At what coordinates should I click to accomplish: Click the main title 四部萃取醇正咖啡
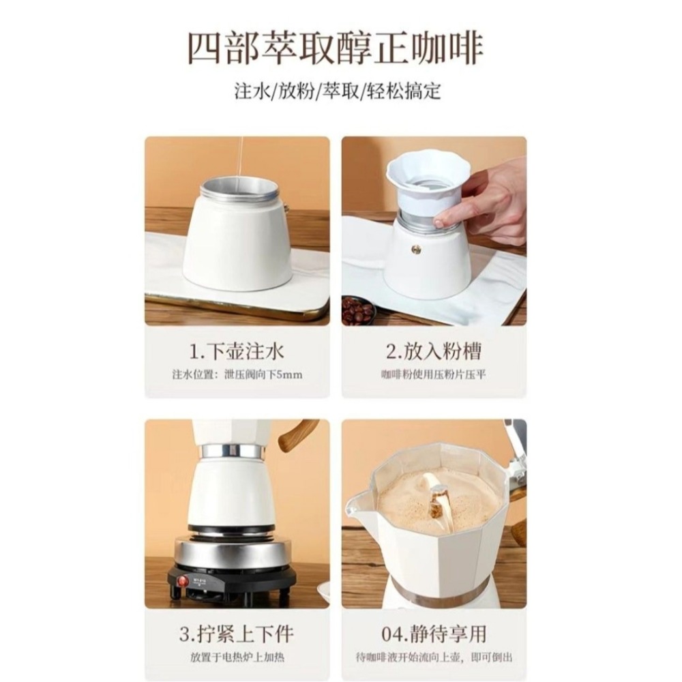[336, 50]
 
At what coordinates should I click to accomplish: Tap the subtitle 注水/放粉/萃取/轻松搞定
[338, 91]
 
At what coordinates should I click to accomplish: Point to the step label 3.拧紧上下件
[237, 634]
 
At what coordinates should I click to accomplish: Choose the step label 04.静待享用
[434, 634]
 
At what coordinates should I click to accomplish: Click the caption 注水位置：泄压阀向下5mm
[237, 374]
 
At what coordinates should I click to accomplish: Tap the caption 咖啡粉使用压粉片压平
[434, 374]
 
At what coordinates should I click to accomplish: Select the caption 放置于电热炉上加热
[237, 657]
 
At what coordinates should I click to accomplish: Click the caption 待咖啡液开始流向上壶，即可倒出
[434, 657]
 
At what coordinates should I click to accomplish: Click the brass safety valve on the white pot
[414, 249]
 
